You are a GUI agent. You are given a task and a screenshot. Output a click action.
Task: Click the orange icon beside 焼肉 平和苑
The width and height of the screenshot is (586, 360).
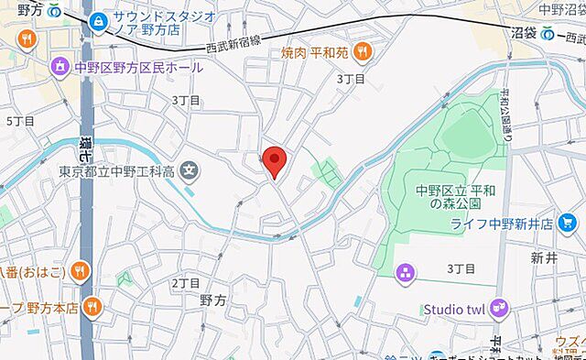pos(364,51)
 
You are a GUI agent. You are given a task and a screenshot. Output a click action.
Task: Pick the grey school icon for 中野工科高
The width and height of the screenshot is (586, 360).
pos(190,170)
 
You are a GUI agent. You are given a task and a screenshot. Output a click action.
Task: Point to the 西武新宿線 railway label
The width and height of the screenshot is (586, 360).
pos(233,42)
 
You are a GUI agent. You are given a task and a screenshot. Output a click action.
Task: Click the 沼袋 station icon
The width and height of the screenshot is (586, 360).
pos(547,35)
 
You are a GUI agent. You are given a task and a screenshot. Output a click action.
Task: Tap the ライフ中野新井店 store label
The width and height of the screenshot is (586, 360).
pos(519,224)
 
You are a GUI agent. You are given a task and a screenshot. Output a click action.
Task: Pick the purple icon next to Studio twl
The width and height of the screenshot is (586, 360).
pos(499,308)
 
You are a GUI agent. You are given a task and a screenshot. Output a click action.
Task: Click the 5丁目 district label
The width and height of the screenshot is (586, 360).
pos(20,121)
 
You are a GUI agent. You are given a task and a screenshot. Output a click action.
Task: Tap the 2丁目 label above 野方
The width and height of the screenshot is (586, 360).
pos(186,283)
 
